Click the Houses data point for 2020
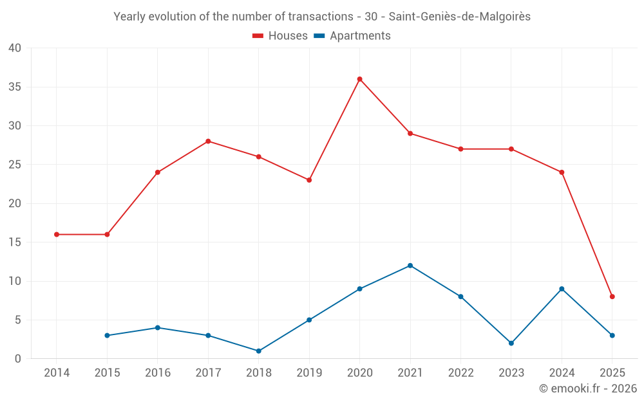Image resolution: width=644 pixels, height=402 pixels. click(359, 79)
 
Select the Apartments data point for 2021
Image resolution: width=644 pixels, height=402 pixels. click(410, 266)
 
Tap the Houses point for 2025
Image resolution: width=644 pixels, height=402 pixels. click(612, 297)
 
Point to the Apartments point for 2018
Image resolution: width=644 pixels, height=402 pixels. click(258, 351)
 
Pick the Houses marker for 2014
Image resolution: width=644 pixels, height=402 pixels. click(57, 235)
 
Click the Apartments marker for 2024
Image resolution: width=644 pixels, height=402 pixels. click(562, 289)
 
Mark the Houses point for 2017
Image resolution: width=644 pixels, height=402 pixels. click(208, 142)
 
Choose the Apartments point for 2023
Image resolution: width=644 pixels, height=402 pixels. click(511, 343)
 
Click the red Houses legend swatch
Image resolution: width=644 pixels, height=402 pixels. click(258, 36)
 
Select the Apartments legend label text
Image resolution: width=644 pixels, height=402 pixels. click(360, 36)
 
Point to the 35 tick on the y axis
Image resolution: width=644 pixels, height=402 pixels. click(15, 87)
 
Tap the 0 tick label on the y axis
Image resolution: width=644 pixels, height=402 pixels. click(18, 359)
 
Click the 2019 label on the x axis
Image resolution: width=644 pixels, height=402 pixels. click(309, 373)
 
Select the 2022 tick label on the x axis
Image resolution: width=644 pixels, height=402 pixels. click(460, 373)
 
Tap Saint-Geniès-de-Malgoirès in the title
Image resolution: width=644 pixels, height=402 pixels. click(460, 17)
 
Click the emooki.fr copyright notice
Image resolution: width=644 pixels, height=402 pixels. click(587, 388)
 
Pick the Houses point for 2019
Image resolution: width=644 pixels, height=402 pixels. click(309, 180)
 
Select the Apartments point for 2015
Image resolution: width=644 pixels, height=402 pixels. click(107, 336)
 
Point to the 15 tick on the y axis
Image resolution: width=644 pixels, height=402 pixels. click(15, 242)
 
